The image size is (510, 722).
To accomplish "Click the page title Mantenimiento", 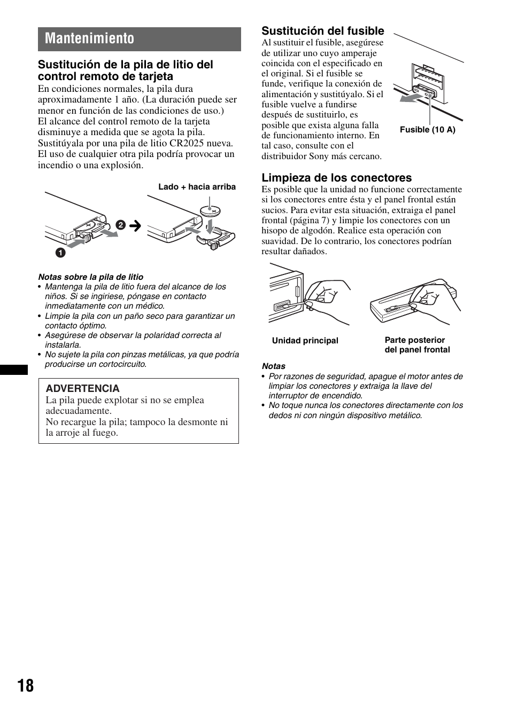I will click(x=90, y=39).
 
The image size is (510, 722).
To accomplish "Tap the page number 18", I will click(x=25, y=686).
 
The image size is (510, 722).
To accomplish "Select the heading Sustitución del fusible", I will click(x=322, y=31).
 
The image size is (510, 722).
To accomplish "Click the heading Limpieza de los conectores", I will click(x=336, y=178).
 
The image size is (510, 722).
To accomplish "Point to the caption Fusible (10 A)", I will click(x=427, y=130).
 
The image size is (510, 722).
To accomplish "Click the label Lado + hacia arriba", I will click(x=197, y=187).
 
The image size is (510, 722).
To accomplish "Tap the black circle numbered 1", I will click(x=60, y=253).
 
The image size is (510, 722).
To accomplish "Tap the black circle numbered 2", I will click(x=121, y=225).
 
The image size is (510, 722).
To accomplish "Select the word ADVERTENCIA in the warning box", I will click(x=82, y=389).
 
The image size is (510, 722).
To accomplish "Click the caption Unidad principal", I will click(x=305, y=341).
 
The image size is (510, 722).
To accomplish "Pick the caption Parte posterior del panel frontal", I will click(x=417, y=345).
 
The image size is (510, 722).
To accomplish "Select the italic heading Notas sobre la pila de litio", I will click(x=90, y=277).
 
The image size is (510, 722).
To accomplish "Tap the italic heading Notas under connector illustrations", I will click(x=273, y=366).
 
